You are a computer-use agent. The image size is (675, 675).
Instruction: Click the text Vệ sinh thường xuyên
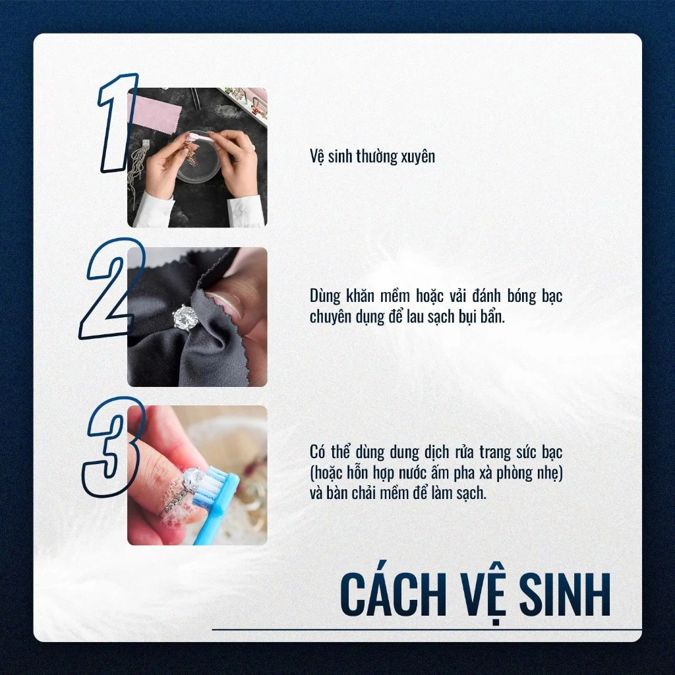pyautogui.click(x=372, y=157)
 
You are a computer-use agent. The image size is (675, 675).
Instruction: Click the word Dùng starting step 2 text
pyautogui.click(x=325, y=296)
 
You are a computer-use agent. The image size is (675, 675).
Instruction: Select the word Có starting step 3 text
pyautogui.click(x=318, y=453)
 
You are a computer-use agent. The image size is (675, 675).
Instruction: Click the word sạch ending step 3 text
pyautogui.click(x=472, y=493)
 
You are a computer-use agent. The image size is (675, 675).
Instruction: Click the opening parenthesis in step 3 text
pyautogui.click(x=312, y=473)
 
